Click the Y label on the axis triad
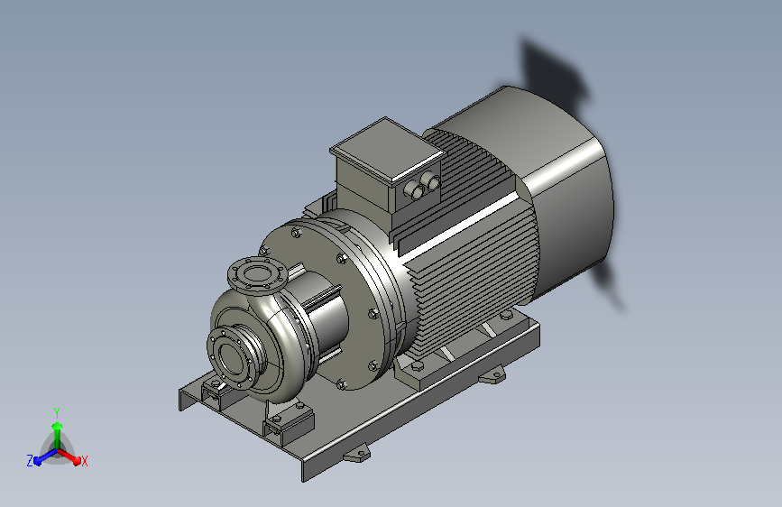pos(57,413)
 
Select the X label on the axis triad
pos(84,461)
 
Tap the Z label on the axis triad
pos(30,461)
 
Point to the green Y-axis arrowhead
pos(58,426)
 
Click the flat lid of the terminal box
pos(387,149)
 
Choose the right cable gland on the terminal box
pos(430,180)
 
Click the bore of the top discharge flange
pos(257,273)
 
